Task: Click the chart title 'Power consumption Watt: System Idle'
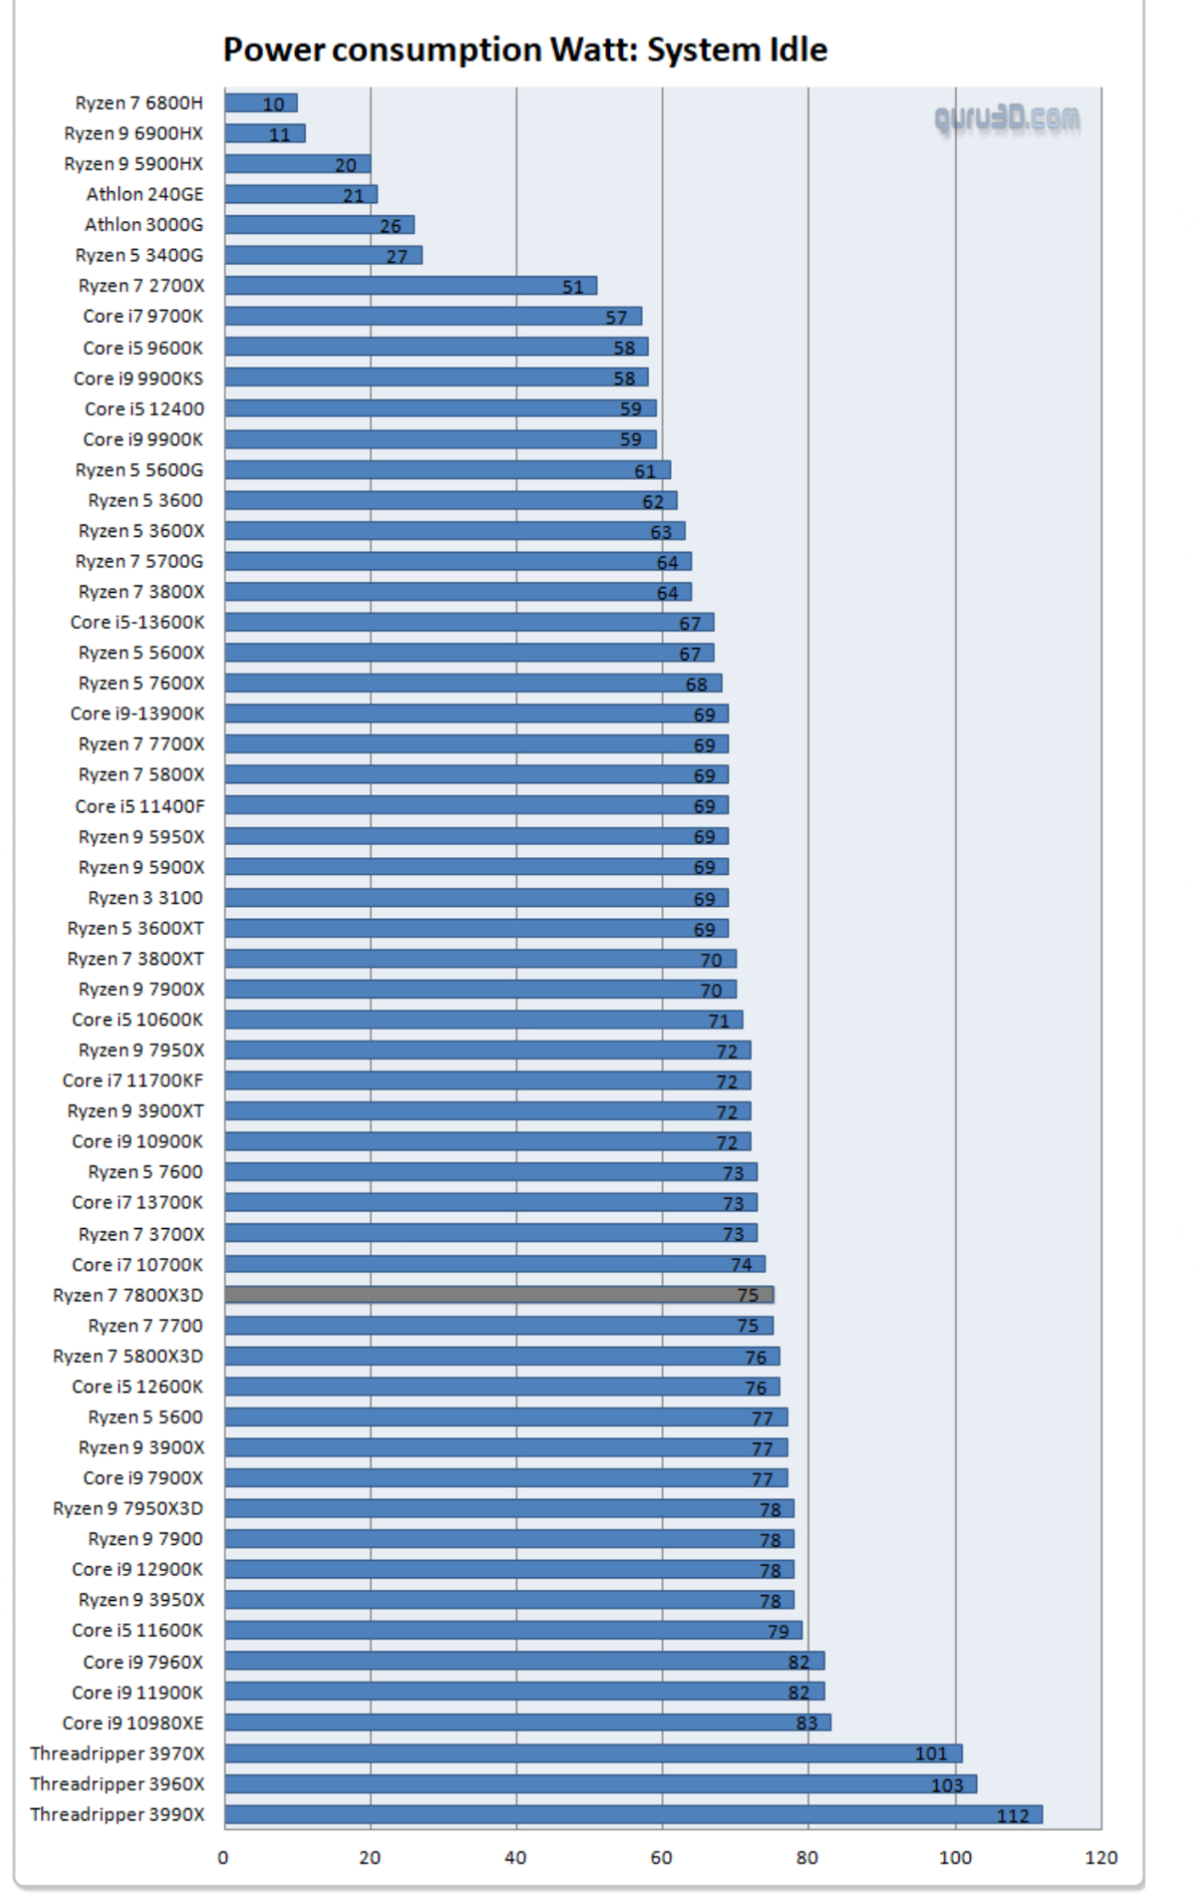pos(525,50)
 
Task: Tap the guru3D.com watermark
pos(1007,119)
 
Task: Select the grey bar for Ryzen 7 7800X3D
pos(498,1295)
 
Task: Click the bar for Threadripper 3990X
pos(632,1815)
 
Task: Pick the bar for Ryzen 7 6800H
pos(260,103)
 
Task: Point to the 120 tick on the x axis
pos(1101,1858)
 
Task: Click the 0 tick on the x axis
pos(223,1858)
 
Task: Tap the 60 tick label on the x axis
pos(661,1858)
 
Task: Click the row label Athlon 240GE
pos(144,194)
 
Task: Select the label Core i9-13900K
pos(137,713)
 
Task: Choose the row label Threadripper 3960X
pos(117,1784)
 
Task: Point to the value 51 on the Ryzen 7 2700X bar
pos(572,287)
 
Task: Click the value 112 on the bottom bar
pos(1013,1815)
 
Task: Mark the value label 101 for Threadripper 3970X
pos(931,1754)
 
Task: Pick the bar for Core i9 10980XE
pos(527,1722)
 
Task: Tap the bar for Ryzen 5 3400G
pos(322,255)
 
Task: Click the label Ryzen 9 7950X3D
pos(127,1508)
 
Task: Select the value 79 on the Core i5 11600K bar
pos(778,1631)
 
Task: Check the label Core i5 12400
pos(143,408)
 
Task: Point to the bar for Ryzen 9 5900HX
pos(297,164)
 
